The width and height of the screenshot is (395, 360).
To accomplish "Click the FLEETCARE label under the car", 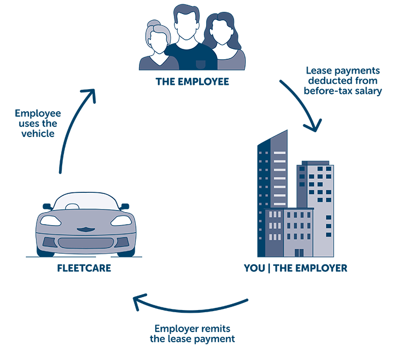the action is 84,268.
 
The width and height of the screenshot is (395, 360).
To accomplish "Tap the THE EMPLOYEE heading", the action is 193,82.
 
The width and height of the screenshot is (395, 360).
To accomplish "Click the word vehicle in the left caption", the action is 38,134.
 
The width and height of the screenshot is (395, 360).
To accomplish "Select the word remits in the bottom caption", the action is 216,329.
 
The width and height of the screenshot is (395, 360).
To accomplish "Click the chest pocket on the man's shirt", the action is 201,64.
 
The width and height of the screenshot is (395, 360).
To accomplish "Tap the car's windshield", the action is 86,201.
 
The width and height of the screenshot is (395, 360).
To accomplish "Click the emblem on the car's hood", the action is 86,229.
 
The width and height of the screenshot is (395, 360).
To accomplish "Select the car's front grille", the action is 86,243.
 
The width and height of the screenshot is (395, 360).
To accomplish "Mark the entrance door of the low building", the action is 299,253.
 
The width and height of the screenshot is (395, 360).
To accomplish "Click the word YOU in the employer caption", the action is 254,268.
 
